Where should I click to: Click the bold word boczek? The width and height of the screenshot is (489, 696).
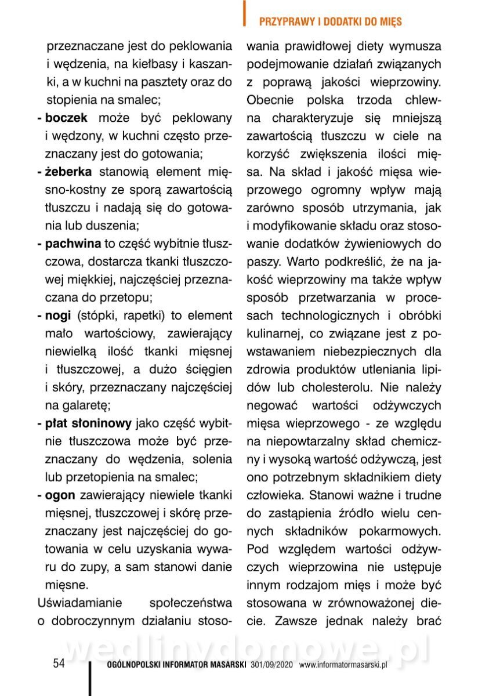click(66, 118)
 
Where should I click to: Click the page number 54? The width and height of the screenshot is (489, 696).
click(59, 664)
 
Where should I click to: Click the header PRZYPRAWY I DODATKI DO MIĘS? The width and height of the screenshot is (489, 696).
click(330, 22)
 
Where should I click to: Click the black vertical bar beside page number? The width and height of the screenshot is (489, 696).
click(90, 676)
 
